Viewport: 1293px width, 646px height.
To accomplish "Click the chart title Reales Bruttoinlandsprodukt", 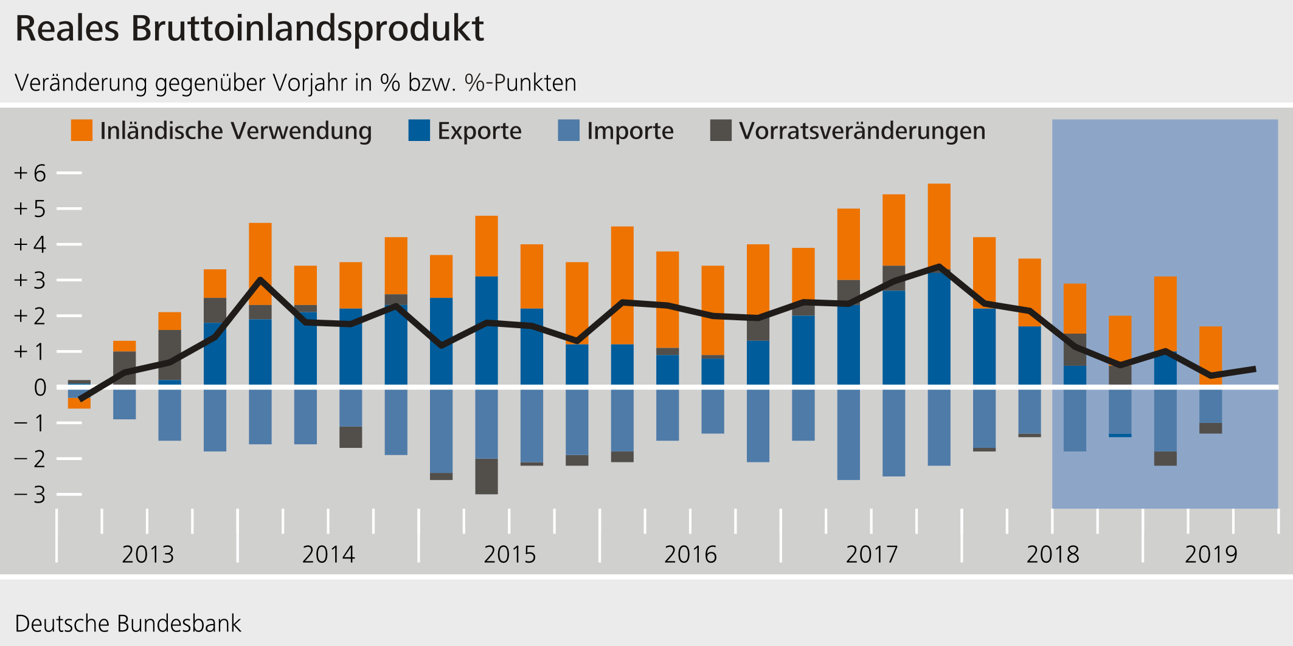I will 249,29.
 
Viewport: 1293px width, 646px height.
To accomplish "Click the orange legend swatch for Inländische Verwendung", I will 81,131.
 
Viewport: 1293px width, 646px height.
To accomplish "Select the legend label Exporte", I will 479,131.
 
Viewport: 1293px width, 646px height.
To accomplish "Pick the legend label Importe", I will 630,131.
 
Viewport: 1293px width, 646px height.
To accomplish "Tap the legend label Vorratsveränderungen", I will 862,131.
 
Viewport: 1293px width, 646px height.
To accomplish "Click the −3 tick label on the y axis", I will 30,495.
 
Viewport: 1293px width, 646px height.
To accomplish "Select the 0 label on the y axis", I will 40,388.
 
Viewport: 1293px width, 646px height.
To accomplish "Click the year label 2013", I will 148,554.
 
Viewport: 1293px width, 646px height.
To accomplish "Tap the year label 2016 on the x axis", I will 690,554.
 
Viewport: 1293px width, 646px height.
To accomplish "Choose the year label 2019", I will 1211,554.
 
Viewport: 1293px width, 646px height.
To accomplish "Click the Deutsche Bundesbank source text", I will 128,624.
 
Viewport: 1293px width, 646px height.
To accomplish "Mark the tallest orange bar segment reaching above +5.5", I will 939,225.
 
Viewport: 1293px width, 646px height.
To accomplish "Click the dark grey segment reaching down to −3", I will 486,476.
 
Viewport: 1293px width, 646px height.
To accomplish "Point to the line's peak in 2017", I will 939,266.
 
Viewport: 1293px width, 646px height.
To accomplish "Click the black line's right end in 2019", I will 1254,369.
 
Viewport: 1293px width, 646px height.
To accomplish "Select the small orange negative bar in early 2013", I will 79,404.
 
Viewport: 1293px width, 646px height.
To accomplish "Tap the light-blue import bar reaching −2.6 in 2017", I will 848,435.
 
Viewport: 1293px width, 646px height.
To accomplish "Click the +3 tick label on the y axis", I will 30,281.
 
